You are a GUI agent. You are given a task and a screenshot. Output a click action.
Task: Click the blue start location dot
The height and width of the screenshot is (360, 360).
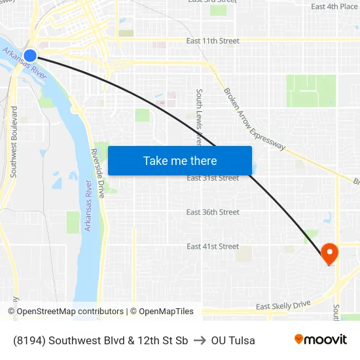[x=29, y=56]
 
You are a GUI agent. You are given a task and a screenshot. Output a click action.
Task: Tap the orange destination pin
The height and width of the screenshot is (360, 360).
[x=329, y=253]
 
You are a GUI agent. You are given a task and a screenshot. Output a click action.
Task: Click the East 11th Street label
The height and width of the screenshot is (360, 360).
[x=213, y=41]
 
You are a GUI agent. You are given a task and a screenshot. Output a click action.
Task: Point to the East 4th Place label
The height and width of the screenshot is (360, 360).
[x=334, y=7]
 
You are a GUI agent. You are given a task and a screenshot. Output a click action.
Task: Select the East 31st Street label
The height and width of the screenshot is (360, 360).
[x=213, y=178]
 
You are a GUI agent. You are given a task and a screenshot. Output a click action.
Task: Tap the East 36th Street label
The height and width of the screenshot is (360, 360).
[x=213, y=212]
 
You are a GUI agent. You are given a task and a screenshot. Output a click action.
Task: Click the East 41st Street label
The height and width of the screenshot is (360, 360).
[x=213, y=246]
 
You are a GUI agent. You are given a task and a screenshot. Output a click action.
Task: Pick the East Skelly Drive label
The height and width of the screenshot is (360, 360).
[x=283, y=306]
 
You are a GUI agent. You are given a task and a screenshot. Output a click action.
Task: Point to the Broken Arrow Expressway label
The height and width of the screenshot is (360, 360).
[x=254, y=119]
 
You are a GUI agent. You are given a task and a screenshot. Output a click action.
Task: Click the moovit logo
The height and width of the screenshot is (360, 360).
[x=321, y=339]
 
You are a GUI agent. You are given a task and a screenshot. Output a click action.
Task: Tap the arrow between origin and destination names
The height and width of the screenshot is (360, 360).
[x=200, y=340]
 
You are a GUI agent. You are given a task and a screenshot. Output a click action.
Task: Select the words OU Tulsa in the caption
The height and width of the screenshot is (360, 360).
[x=233, y=340]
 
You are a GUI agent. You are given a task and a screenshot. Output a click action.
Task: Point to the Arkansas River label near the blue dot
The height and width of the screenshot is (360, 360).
[x=25, y=65]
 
